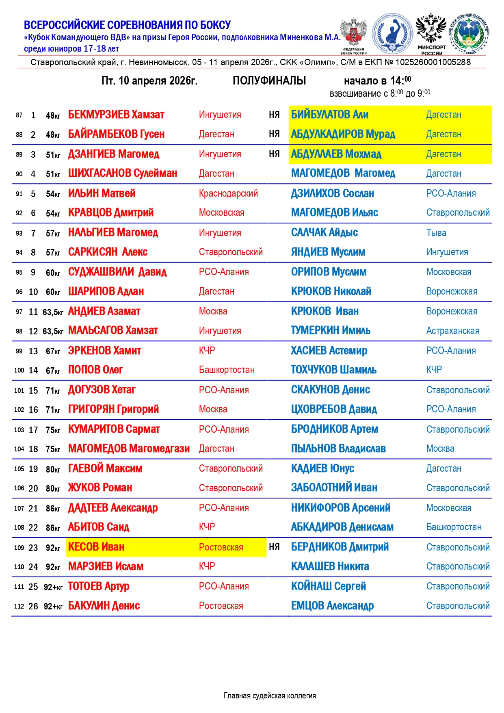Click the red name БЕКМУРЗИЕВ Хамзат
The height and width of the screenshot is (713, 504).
pyautogui.click(x=116, y=115)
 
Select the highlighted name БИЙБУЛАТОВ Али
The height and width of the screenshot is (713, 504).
pyautogui.click(x=329, y=115)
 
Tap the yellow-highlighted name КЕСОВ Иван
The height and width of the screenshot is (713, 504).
pyautogui.click(x=96, y=547)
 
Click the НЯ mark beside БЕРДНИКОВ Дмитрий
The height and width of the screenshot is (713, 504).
pyautogui.click(x=274, y=547)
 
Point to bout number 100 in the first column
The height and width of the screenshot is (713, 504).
pyautogui.click(x=19, y=370)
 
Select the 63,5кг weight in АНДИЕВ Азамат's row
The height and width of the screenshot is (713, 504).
pyautogui.click(x=53, y=312)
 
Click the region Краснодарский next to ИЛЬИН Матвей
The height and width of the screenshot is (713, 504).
pyautogui.click(x=228, y=193)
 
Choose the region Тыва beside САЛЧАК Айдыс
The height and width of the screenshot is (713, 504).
pyautogui.click(x=436, y=233)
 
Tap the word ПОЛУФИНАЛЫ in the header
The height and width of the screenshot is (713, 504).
pyautogui.click(x=269, y=80)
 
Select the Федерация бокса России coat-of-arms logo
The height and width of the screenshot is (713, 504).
pyautogui.click(x=353, y=35)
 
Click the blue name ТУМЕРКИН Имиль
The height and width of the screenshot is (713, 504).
pyautogui.click(x=331, y=330)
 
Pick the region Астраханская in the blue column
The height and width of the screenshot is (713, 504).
pyautogui.click(x=452, y=331)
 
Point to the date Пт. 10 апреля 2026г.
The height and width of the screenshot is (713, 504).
pyautogui.click(x=149, y=80)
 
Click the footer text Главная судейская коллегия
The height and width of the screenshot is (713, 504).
pyautogui.click(x=270, y=696)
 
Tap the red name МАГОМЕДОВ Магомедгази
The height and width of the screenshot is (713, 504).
pyautogui.click(x=129, y=449)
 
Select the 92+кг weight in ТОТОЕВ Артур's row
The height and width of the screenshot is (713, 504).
pyautogui.click(x=53, y=587)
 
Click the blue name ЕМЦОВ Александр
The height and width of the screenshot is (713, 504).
pyautogui.click(x=332, y=606)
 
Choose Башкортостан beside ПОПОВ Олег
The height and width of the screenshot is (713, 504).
pyautogui.click(x=227, y=370)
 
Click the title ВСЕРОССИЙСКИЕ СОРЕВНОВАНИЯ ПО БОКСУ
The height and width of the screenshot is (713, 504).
pyautogui.click(x=127, y=25)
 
